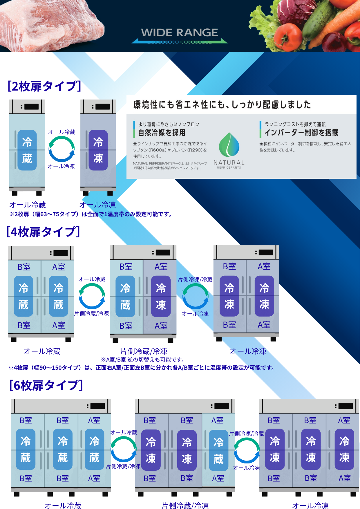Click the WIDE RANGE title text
pos(179,33)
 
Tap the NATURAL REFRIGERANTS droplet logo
pos(229,145)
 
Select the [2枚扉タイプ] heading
pos(44,86)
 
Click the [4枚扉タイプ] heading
pos(43,232)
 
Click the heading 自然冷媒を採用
pos(162,133)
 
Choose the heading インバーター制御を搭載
pos(301,133)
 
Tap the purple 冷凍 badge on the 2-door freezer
pos(98,150)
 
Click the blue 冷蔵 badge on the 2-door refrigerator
pos(27,150)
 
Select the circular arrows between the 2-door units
pos(61,149)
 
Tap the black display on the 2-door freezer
pos(103,107)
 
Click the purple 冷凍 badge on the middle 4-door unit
pos(161,296)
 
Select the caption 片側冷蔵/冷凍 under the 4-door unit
pos(144,351)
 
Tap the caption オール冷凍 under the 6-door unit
pos(310,506)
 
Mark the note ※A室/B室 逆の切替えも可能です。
pos(143,360)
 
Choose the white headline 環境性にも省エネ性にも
pos(222,104)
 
